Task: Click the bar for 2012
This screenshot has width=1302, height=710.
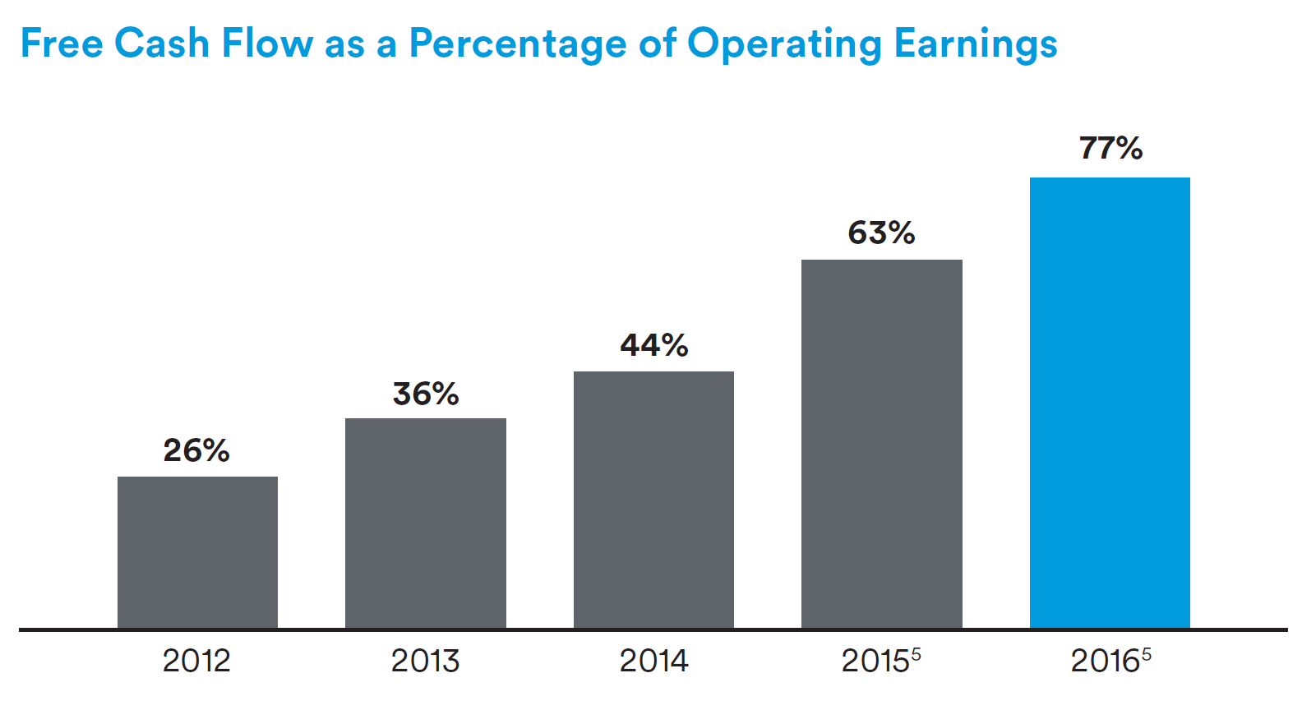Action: click(197, 552)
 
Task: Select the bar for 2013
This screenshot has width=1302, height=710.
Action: click(425, 523)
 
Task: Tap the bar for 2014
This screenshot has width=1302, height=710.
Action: click(653, 500)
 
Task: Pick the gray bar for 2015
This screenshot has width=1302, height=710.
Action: click(881, 444)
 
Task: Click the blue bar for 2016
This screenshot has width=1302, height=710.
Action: click(1110, 403)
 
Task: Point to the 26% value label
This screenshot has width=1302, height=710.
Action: click(196, 450)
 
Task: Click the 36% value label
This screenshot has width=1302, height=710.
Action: click(425, 394)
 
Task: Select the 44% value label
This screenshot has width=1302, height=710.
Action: click(653, 345)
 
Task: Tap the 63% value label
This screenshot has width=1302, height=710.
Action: click(881, 233)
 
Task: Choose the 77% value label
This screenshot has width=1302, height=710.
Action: click(1110, 149)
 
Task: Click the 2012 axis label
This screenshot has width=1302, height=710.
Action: click(196, 661)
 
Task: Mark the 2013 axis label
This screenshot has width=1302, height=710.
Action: click(425, 661)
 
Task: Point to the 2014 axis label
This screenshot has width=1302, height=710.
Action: click(653, 661)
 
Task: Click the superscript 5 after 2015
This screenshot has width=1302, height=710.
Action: click(916, 654)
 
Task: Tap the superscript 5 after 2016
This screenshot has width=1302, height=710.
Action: click(1146, 654)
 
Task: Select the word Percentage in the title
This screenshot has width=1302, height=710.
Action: click(518, 44)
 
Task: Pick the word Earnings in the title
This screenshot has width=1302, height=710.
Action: click(976, 44)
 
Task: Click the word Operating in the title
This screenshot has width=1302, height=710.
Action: click(784, 44)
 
